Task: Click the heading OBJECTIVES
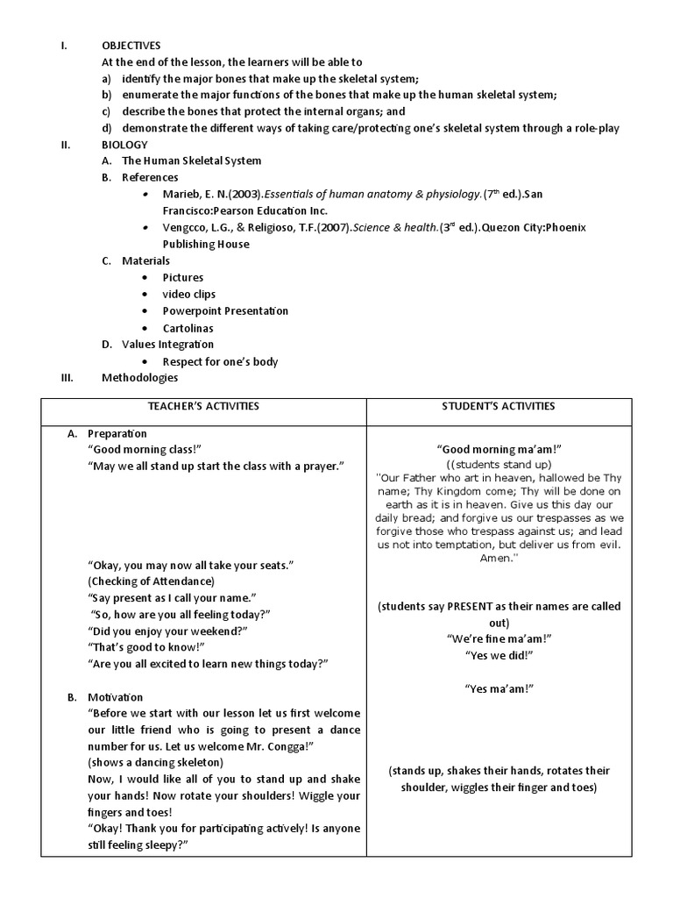pos(131,46)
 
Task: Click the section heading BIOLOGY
pos(124,145)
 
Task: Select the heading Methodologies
pos(139,378)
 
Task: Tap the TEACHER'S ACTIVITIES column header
pos(203,406)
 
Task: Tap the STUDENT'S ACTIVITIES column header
pos(499,406)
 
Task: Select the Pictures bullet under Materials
pos(182,278)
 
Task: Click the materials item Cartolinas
pos(189,328)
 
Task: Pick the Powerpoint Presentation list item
pos(225,311)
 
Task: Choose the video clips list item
pos(188,295)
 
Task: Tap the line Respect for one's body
pos(220,361)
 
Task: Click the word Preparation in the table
pos(117,434)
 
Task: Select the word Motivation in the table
pos(116,697)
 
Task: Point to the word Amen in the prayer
pos(497,558)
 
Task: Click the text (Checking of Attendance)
pos(150,581)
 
